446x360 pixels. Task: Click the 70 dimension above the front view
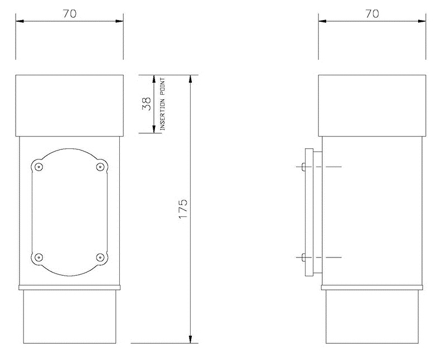pyautogui.click(x=70, y=14)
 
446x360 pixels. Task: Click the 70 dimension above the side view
pyautogui.click(x=372, y=14)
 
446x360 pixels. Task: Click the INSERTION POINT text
pyautogui.click(x=163, y=104)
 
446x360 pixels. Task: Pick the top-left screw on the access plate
pyautogui.click(x=38, y=167)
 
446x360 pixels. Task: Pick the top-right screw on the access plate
pyautogui.click(x=101, y=167)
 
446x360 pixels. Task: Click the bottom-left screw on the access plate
pyautogui.click(x=38, y=257)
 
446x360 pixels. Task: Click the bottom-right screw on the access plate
pyautogui.click(x=101, y=257)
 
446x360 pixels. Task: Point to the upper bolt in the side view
pyautogui.click(x=302, y=167)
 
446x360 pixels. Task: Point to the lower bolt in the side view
pyautogui.click(x=302, y=257)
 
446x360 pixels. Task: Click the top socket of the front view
pyautogui.click(x=70, y=105)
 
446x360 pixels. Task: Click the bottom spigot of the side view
pyautogui.click(x=372, y=317)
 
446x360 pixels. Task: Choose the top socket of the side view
pyautogui.click(x=372, y=105)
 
